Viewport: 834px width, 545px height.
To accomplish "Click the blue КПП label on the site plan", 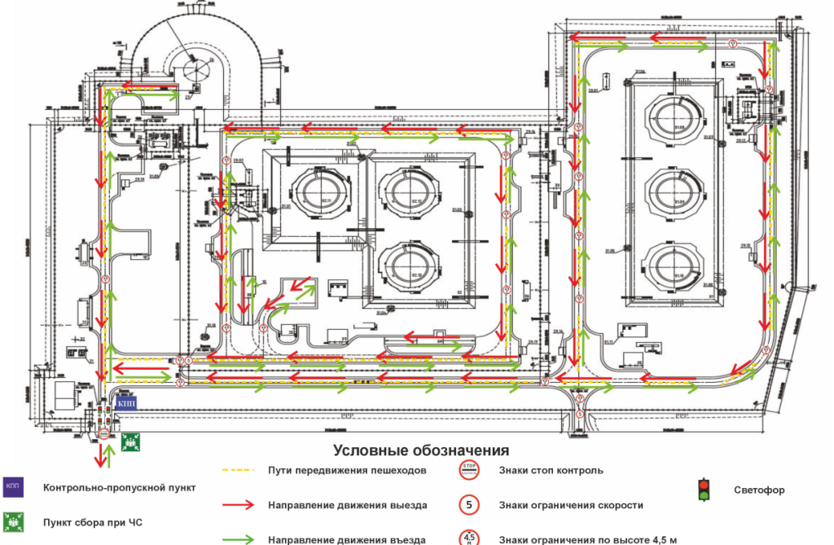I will (127, 403).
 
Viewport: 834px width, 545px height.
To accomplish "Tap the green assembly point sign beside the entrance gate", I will (128, 442).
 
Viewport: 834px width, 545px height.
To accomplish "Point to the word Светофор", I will (759, 490).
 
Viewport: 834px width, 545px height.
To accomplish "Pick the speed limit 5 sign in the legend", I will (468, 505).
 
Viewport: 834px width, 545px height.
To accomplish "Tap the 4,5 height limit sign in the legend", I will (468, 538).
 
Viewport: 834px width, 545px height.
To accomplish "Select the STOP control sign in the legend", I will (468, 470).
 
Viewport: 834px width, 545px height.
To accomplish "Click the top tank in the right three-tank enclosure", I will (673, 116).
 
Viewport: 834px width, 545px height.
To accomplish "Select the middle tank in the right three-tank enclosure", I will (673, 190).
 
